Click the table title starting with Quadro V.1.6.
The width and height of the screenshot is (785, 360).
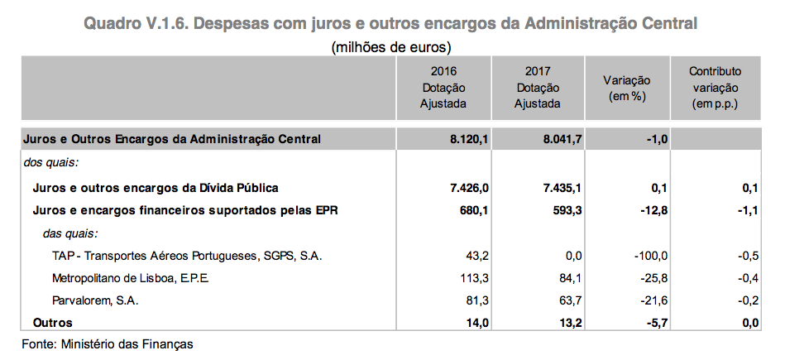tap(391, 23)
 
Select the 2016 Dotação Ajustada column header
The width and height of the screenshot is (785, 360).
tap(443, 88)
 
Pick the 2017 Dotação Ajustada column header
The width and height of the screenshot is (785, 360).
tap(537, 88)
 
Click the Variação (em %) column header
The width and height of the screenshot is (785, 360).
tap(626, 88)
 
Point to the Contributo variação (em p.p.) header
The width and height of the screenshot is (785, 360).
tap(715, 88)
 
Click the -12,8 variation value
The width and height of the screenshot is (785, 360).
tap(652, 210)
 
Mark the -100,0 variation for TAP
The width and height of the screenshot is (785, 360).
tap(649, 255)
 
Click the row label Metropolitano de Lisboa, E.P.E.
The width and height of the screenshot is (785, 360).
tap(131, 277)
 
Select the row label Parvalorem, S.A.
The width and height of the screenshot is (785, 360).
tap(95, 300)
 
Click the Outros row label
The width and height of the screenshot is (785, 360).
tap(52, 322)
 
